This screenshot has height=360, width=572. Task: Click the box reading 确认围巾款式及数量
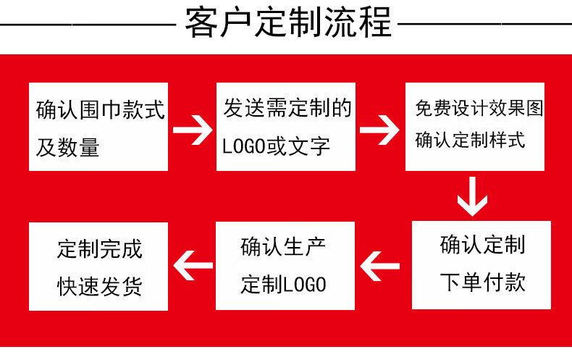tap(98, 127)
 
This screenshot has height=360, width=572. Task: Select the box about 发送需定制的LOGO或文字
tap(286, 127)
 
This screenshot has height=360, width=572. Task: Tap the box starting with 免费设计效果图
tap(474, 127)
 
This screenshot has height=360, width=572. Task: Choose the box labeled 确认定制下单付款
tap(481, 264)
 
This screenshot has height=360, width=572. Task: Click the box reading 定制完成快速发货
tap(98, 266)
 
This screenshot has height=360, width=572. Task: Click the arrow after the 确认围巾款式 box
tap(192, 130)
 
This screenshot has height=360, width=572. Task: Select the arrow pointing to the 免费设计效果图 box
tap(380, 130)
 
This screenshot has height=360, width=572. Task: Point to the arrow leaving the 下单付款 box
tap(382, 264)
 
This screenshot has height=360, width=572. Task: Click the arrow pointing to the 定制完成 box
tap(193, 265)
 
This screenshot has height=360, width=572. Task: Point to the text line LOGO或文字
tap(276, 147)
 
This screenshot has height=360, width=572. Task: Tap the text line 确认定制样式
tap(470, 140)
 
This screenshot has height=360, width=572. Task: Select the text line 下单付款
tap(482, 282)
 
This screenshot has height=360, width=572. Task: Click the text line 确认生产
tap(283, 247)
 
